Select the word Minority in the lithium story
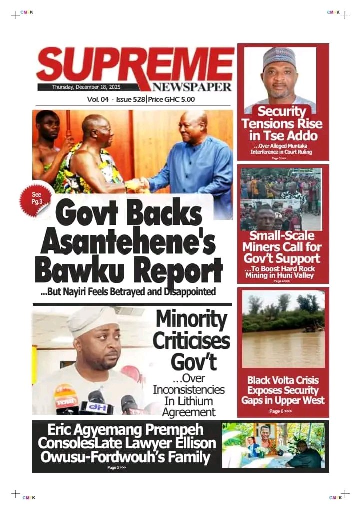coord(191,320)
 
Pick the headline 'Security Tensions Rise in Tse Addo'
coord(282,123)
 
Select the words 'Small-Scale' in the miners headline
coord(282,236)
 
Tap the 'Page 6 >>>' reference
coord(280,411)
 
